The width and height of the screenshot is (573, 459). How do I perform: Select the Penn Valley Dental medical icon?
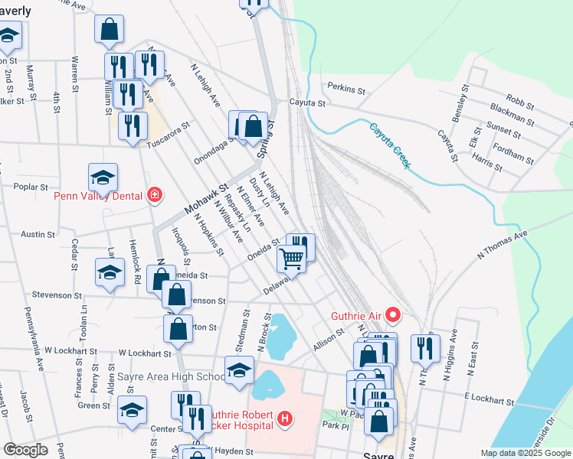(x=156, y=194)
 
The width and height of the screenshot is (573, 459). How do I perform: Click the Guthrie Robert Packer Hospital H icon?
(x=285, y=418)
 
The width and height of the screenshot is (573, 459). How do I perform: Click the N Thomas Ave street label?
(x=503, y=246)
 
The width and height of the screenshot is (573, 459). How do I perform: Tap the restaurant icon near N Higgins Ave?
(x=421, y=348)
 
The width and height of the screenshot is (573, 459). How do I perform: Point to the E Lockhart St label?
(x=489, y=400)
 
